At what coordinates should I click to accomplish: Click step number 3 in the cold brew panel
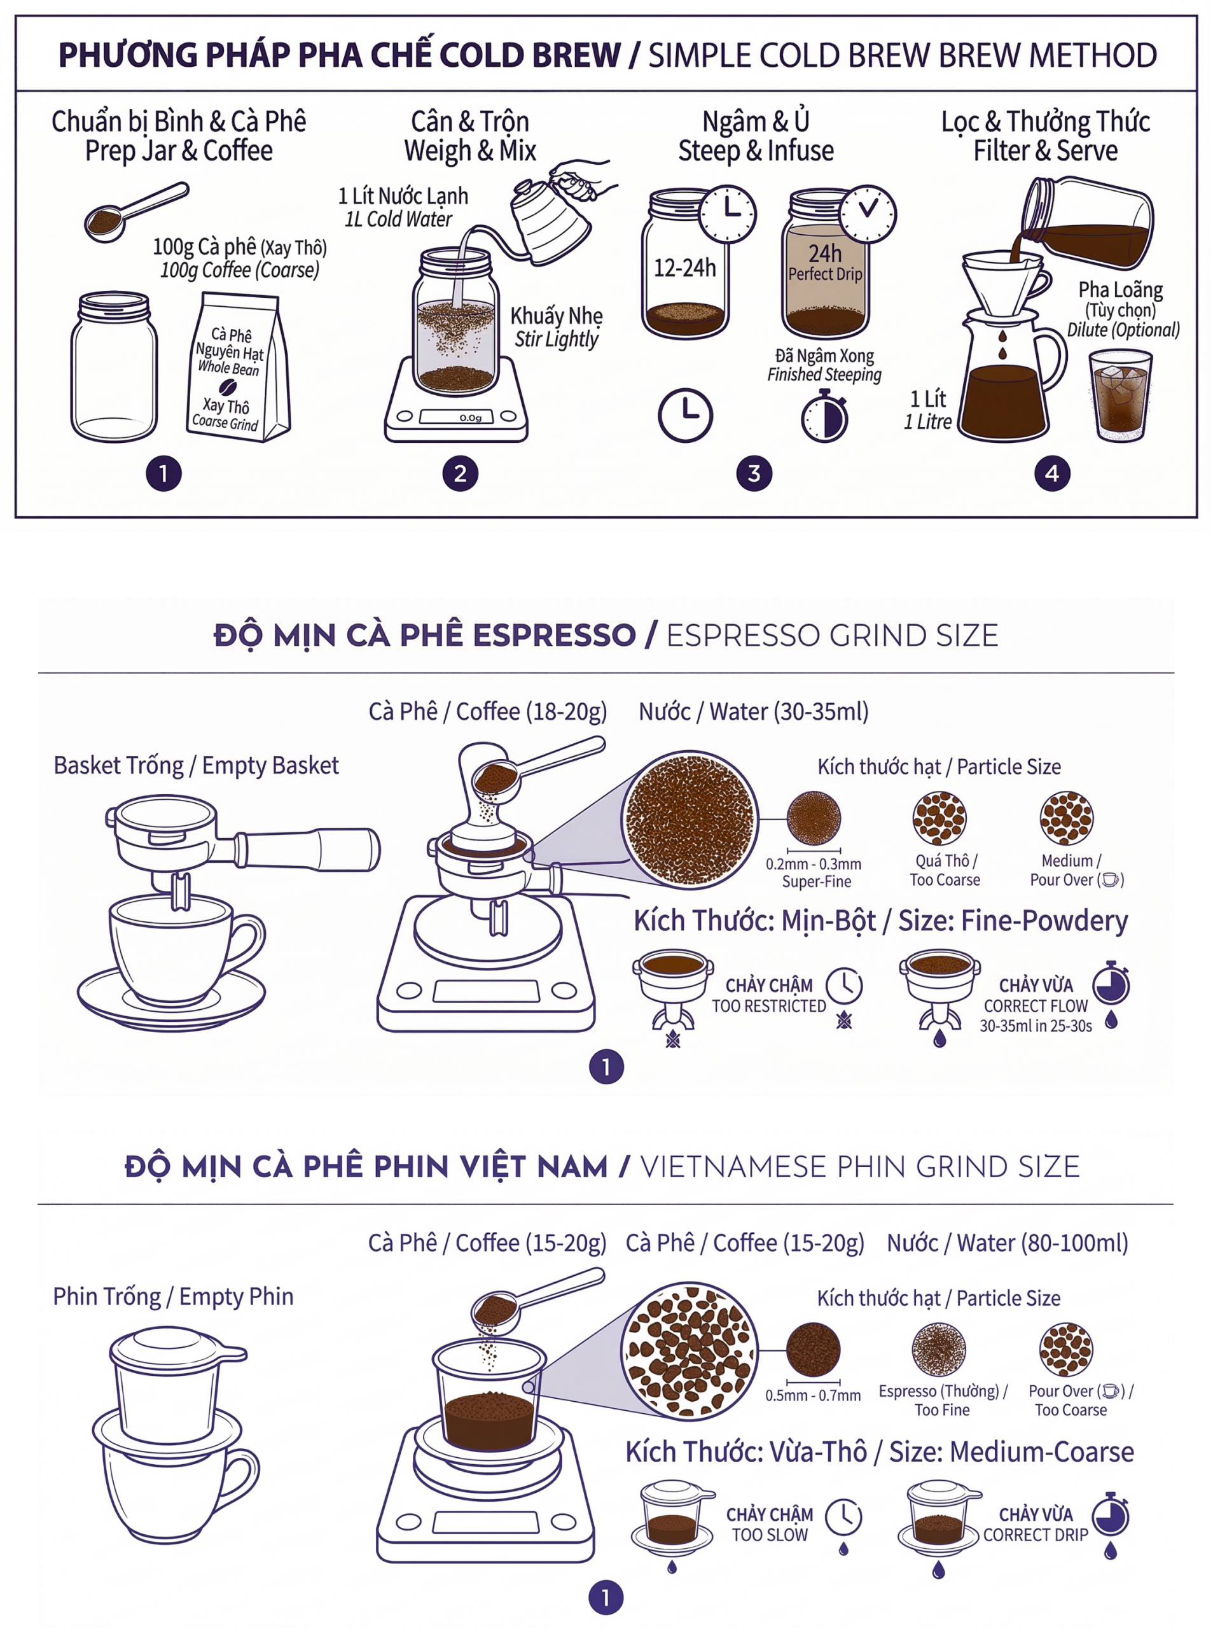coord(754,473)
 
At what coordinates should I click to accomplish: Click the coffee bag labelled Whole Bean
coord(238,367)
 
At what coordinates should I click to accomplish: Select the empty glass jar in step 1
coord(114,367)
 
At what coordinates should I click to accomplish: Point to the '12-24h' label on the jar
coord(684,268)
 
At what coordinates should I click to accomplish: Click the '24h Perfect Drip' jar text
coord(825,263)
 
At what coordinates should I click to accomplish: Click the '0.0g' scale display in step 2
coord(471,417)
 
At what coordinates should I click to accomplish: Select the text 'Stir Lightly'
coord(557,339)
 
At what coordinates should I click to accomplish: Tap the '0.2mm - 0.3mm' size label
coord(814,863)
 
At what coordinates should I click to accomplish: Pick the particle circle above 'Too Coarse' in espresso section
coord(939,818)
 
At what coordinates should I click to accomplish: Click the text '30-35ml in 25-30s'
coord(1036,1026)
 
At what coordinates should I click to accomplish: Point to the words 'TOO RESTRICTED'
coord(769,1006)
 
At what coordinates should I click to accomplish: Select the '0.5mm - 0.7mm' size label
coord(813,1395)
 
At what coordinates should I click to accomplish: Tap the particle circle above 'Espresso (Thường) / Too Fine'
coord(938,1350)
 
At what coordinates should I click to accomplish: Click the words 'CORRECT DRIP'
coord(1036,1535)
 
